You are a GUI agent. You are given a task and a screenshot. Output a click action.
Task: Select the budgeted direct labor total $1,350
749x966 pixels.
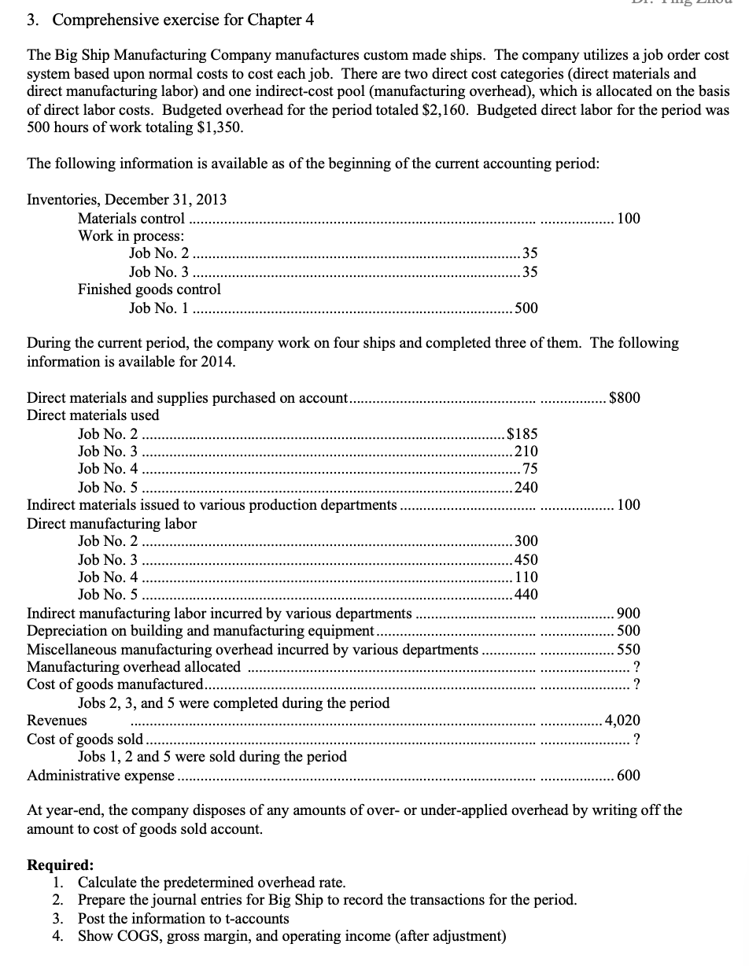click(x=220, y=127)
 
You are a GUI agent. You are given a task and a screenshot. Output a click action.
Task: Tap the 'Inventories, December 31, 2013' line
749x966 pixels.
click(x=127, y=200)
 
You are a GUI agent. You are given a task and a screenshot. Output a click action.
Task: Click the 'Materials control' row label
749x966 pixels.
click(x=131, y=218)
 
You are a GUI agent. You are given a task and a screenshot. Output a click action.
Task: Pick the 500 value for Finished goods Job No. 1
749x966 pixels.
click(x=526, y=308)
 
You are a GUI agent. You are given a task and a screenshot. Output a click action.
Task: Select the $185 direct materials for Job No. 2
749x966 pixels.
click(x=522, y=433)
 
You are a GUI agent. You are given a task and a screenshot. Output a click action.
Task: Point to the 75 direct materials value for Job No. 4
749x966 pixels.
click(x=529, y=469)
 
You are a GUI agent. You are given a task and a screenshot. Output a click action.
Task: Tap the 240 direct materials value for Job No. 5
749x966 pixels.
click(x=526, y=487)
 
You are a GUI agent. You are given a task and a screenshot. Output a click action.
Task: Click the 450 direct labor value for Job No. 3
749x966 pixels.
click(x=526, y=559)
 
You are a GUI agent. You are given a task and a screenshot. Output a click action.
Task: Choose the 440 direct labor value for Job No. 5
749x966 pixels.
click(x=526, y=595)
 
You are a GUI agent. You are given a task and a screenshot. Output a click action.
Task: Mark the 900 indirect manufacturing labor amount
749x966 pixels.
click(x=629, y=614)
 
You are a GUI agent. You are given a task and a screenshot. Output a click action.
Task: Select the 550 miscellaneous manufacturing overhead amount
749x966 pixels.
click(x=629, y=649)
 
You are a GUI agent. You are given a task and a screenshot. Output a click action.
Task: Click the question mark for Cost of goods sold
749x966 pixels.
click(x=635, y=739)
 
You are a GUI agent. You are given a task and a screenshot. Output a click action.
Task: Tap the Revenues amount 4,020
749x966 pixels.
click(x=622, y=720)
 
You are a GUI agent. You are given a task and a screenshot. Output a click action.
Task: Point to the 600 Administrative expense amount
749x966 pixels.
click(x=629, y=775)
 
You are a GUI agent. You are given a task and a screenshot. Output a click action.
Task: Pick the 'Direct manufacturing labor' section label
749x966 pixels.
click(x=112, y=523)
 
